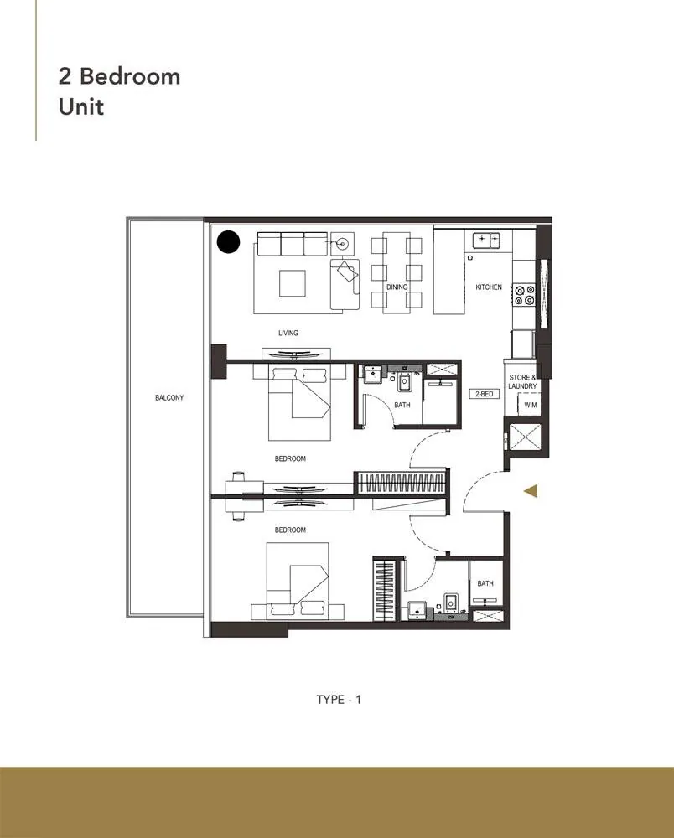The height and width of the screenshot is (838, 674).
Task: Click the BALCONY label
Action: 168,397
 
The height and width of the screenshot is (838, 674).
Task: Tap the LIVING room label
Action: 288,333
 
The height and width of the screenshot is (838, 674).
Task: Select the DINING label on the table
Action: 397,287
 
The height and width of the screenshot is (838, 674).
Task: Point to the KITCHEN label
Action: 489,287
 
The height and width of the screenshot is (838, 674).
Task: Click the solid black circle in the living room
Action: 229,242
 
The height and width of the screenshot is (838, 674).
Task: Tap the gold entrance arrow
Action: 530,491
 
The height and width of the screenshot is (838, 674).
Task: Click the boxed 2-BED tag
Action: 485,394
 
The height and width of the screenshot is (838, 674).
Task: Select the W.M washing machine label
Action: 530,405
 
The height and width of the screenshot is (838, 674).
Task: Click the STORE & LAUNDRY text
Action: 522,381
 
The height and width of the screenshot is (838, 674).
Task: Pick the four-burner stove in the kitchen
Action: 524,295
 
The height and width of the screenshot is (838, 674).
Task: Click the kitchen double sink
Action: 486,240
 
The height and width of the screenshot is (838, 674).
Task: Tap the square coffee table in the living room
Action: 293,283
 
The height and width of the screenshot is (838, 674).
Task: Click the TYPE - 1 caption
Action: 339,700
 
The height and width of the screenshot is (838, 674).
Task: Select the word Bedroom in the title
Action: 130,76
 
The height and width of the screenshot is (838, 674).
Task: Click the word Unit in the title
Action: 81,107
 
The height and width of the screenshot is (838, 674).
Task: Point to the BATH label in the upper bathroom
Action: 402,405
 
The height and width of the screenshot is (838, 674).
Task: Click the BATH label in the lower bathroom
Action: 485,583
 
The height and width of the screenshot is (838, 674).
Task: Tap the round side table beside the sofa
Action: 342,244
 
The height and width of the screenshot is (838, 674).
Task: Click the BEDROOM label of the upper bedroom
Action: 290,458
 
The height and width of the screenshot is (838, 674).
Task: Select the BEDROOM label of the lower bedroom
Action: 290,530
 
